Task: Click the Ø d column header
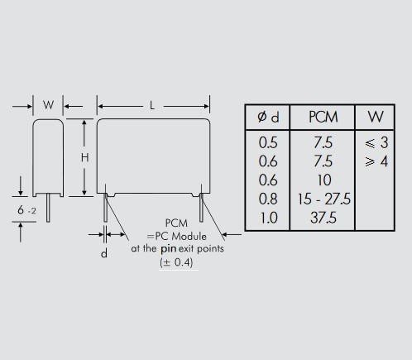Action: [268, 118]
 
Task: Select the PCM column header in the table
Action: [323, 118]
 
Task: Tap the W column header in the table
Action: [376, 117]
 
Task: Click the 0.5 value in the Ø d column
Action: [268, 142]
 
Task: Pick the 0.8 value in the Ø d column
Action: [268, 199]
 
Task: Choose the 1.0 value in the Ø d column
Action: [269, 218]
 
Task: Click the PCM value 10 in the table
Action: [324, 180]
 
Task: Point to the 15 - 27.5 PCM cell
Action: [324, 199]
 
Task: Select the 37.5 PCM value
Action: [323, 218]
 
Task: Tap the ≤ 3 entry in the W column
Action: [376, 142]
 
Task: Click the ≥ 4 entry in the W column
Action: [376, 161]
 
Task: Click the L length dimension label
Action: [152, 105]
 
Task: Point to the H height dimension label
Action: [84, 157]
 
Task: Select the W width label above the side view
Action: [48, 105]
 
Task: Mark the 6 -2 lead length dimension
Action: [26, 210]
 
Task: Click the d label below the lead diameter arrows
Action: [104, 253]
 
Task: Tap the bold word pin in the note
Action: [169, 248]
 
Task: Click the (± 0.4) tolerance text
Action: [176, 262]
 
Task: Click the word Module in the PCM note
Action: [189, 237]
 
